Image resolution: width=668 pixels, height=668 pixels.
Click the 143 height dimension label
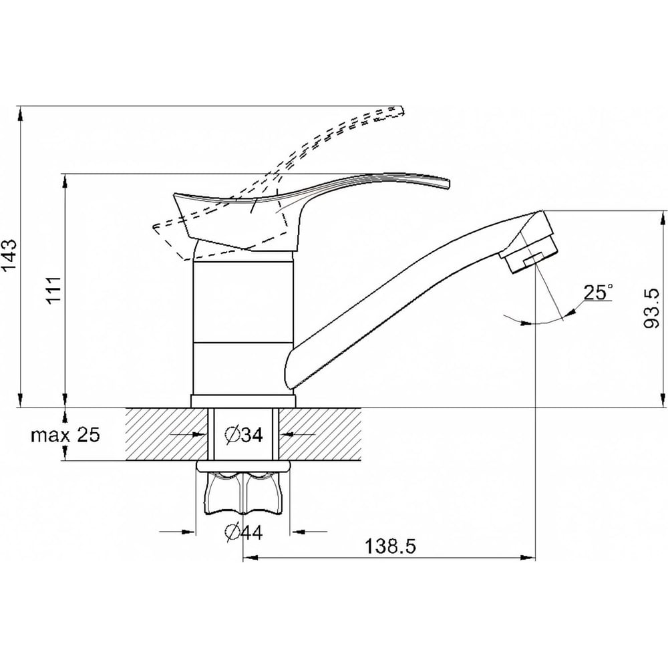tap(10, 255)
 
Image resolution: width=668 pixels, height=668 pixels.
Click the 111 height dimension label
tap(55, 289)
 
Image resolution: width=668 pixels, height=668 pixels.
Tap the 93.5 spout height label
tap(651, 309)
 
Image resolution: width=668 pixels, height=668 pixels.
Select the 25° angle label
tap(599, 293)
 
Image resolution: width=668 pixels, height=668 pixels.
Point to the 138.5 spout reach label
tap(391, 547)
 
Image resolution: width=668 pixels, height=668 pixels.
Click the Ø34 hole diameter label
tap(244, 435)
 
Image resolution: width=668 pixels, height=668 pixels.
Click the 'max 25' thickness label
tap(65, 435)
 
